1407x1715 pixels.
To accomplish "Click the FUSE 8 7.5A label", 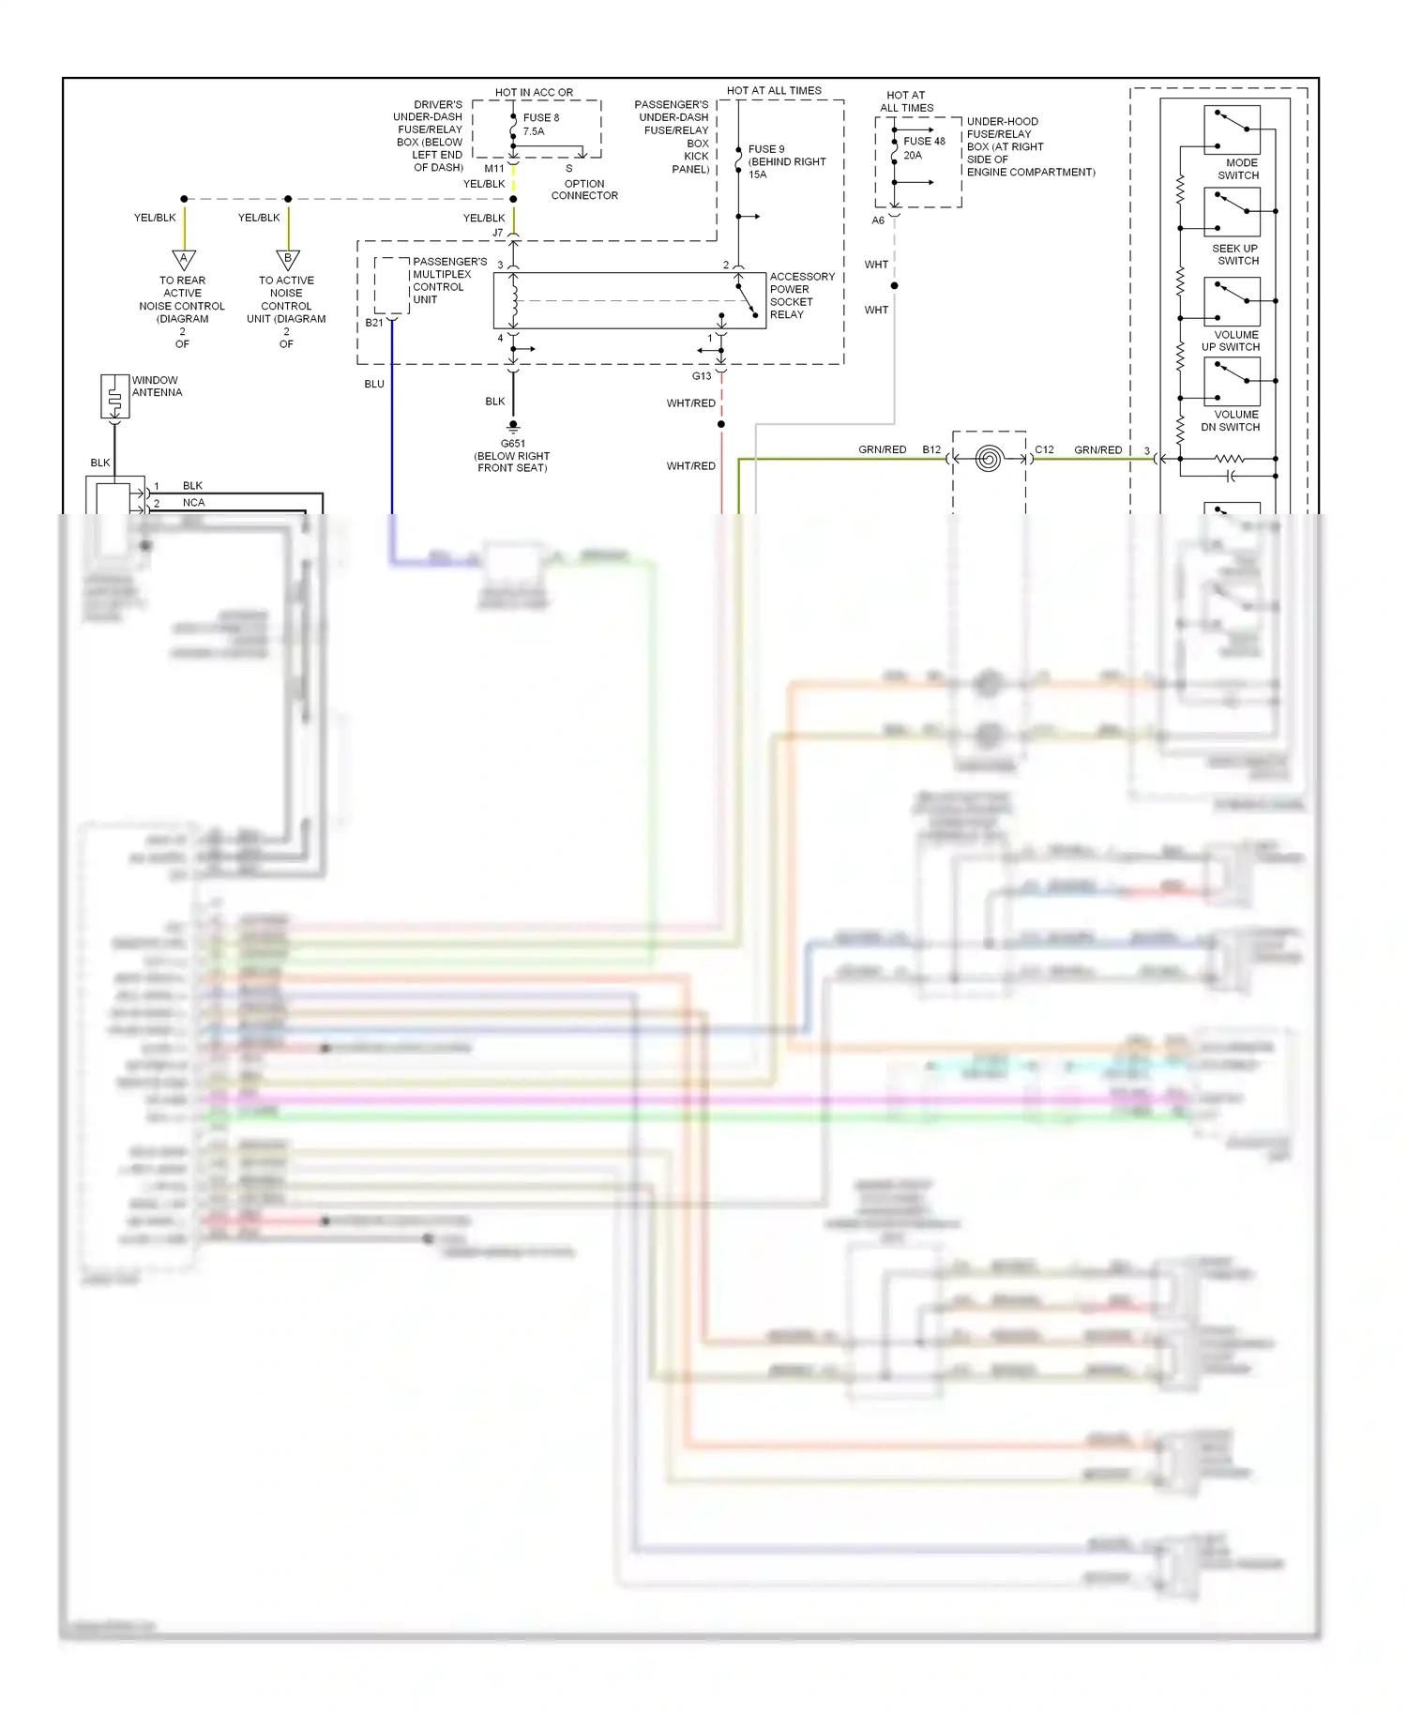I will pyautogui.click(x=540, y=125).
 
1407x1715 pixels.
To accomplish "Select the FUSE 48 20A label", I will pyautogui.click(x=923, y=147).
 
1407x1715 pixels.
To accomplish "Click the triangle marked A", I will pyautogui.click(x=184, y=260).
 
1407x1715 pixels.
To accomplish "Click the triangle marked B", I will pyautogui.click(x=288, y=260).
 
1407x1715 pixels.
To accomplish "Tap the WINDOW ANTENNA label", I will pyautogui.click(x=157, y=387).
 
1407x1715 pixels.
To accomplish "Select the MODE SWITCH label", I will pyautogui.click(x=1238, y=169).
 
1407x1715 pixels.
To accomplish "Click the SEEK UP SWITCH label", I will pyautogui.click(x=1235, y=254).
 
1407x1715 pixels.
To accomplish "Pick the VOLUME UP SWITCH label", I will pyautogui.click(x=1232, y=341).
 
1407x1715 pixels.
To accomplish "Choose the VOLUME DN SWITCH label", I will pyautogui.click(x=1232, y=420).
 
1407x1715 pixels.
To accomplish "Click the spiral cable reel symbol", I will pyautogui.click(x=988, y=459).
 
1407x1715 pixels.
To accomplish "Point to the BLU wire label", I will pyautogui.click(x=374, y=384).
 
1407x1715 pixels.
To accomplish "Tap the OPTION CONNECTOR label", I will pyautogui.click(x=583, y=190).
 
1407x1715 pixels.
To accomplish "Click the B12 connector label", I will pyautogui.click(x=930, y=449).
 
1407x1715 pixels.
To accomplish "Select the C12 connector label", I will pyautogui.click(x=1044, y=449).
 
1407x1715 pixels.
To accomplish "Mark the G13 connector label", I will pyautogui.click(x=702, y=376).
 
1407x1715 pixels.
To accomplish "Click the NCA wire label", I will pyautogui.click(x=193, y=503).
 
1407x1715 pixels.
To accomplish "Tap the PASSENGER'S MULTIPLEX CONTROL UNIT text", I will pyautogui.click(x=448, y=281).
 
